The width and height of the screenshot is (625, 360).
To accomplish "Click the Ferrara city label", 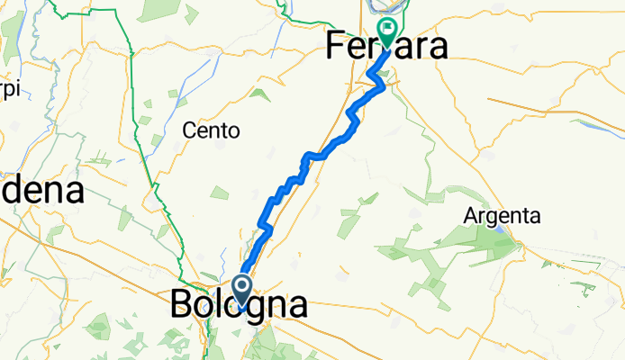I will coord(386,45).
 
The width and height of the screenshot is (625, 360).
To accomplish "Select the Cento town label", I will coord(211,130).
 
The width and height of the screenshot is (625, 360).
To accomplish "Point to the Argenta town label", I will coord(502,216).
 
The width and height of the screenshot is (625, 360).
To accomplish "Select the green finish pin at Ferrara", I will coord(387,32).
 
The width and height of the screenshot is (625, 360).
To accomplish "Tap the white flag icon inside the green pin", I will coord(387,29).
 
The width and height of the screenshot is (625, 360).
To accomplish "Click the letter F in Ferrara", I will coord(337,45).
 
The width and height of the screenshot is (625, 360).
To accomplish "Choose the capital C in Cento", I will coord(189,130).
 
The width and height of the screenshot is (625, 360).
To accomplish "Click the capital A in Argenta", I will coord(471,216).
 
